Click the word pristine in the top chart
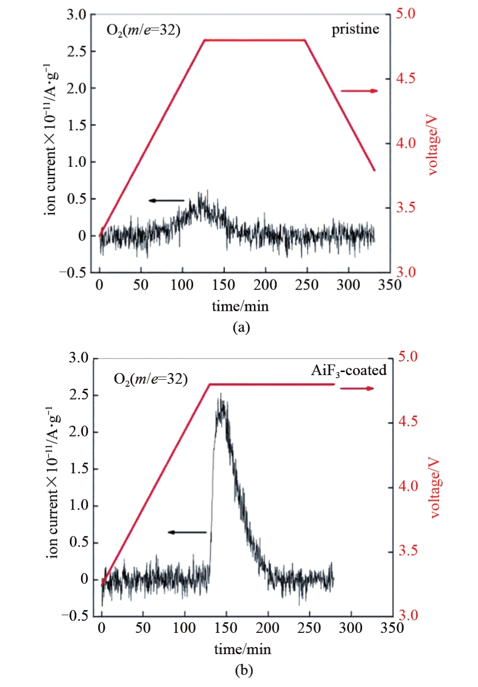(x=355, y=29)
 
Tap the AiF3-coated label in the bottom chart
(x=349, y=371)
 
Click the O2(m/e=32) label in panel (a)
(x=143, y=30)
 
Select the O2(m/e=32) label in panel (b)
(x=151, y=379)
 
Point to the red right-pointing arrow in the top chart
(x=359, y=91)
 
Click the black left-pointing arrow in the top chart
(x=166, y=201)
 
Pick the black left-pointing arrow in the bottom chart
(x=187, y=532)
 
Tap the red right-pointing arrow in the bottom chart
(x=357, y=388)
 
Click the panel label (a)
(x=241, y=327)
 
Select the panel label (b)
(x=244, y=670)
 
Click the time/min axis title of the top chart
(x=240, y=306)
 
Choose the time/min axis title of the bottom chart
(x=242, y=649)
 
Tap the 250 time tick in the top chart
(x=307, y=285)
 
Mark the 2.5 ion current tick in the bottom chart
(x=79, y=395)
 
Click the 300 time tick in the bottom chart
(x=351, y=628)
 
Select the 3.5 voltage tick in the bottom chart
(x=408, y=551)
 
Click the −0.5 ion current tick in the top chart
(x=73, y=272)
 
